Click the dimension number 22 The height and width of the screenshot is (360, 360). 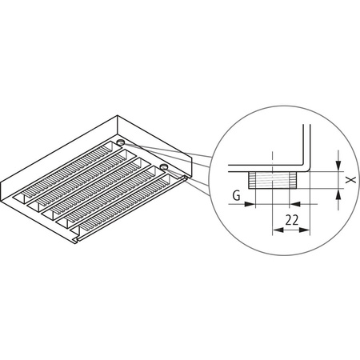click(x=291, y=218)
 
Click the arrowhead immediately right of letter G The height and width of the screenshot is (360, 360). click(x=250, y=203)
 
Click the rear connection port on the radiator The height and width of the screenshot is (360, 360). click(x=120, y=142)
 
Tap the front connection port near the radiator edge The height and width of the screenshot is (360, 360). click(x=163, y=166)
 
